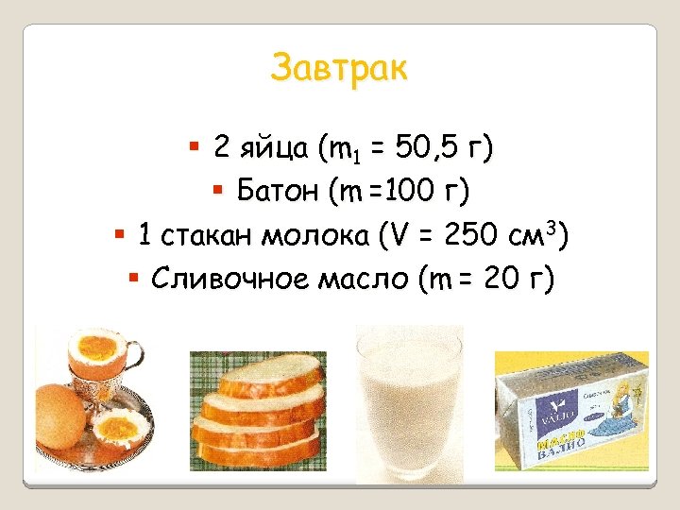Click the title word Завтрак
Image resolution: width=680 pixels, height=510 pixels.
pos(339,68)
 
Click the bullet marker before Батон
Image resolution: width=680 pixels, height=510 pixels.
pos(216,192)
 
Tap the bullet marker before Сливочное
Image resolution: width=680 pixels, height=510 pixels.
pos(133,280)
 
